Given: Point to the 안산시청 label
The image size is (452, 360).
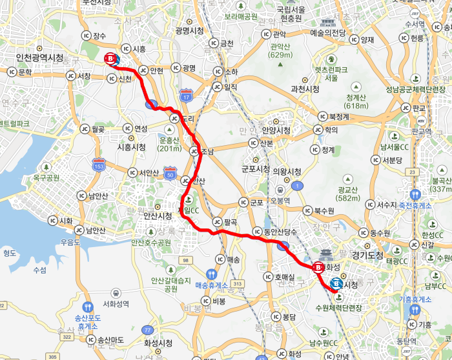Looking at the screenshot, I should (158, 215).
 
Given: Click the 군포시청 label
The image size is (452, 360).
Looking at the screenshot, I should (255, 168).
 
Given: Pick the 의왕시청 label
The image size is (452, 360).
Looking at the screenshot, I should (287, 172).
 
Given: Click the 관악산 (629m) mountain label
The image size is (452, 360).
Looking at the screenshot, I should (282, 50).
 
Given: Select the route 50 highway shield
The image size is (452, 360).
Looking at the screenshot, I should (170, 173).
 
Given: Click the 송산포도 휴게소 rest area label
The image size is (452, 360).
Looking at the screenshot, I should (87, 321).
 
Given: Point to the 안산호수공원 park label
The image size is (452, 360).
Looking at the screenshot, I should (152, 243).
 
